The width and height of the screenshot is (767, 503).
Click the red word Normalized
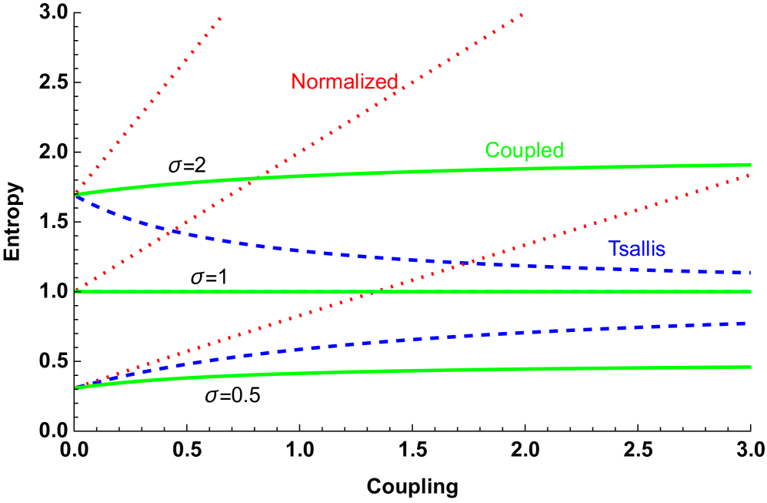pyautogui.click(x=345, y=82)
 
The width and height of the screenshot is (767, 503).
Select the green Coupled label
pyautogui.click(x=524, y=150)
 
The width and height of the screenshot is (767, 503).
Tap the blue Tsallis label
pyautogui.click(x=636, y=249)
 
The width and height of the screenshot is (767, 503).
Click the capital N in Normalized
pyautogui.click(x=298, y=82)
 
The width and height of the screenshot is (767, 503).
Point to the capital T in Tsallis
pyautogui.click(x=613, y=249)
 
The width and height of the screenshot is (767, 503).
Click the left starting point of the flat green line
pyautogui.click(x=76, y=291)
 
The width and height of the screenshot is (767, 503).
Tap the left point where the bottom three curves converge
pyautogui.click(x=77, y=387)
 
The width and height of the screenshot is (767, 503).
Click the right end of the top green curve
pyautogui.click(x=750, y=164)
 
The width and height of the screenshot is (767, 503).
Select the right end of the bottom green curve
pyautogui.click(x=750, y=367)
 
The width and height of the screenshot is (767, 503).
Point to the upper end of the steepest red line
pyautogui.click(x=221, y=16)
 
